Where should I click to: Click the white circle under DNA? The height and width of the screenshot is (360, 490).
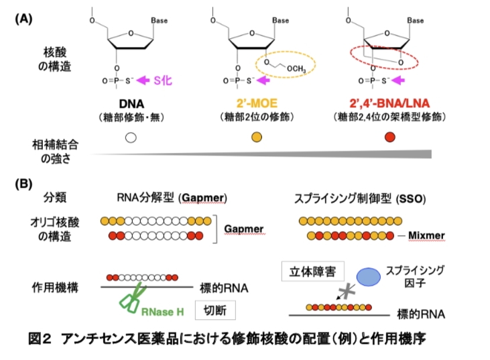131,138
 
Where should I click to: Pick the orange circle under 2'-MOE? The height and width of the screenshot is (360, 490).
256,138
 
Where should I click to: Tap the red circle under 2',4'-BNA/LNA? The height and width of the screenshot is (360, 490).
389,138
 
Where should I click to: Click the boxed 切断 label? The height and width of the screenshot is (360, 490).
216,310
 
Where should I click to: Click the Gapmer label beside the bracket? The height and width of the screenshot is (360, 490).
239,228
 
